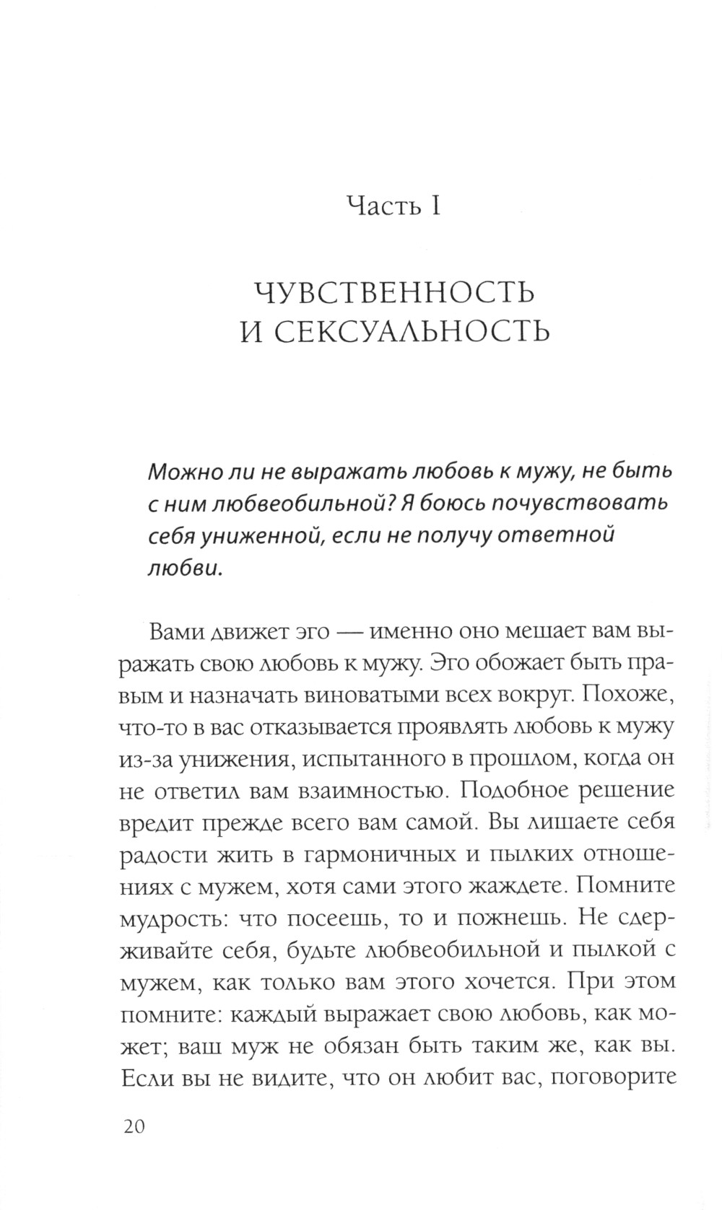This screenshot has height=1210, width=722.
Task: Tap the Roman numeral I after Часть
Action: [x=435, y=206]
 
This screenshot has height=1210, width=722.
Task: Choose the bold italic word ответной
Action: [x=556, y=535]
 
